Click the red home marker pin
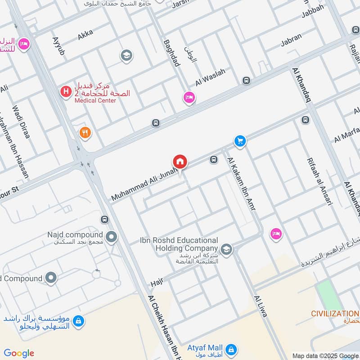point(180,162)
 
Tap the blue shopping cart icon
point(240,141)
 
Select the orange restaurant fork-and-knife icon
point(85,133)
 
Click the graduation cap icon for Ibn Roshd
point(226,249)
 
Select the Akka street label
point(85,36)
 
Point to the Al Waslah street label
point(210,77)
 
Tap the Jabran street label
point(291,40)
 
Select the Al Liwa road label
point(261,306)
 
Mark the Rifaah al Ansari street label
point(319,181)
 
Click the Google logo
point(19,353)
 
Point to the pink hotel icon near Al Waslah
point(189,97)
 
